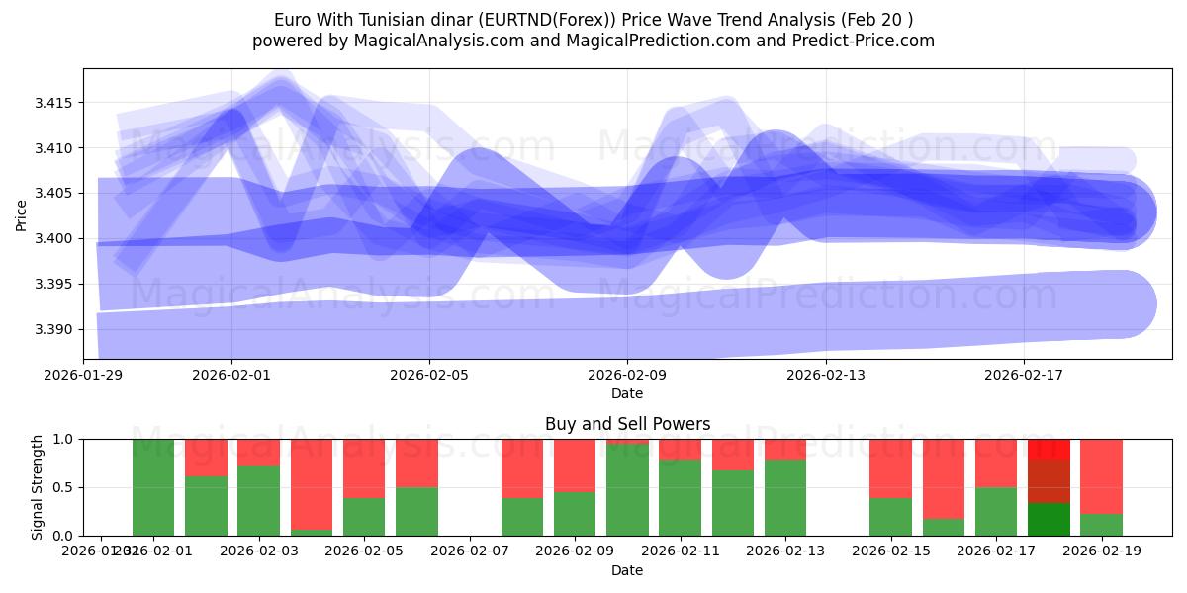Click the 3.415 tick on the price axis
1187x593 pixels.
click(x=56, y=104)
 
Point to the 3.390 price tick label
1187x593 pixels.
click(x=56, y=329)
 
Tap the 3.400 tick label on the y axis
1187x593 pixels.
click(x=56, y=239)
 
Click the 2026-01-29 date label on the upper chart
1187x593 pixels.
click(x=83, y=375)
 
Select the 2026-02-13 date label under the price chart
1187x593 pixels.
click(x=825, y=375)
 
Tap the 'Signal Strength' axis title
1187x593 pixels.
click(x=37, y=487)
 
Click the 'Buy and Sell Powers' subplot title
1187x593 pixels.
click(x=627, y=424)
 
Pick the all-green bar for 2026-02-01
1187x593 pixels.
click(x=153, y=487)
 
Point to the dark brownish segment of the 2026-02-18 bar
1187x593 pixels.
click(x=1049, y=481)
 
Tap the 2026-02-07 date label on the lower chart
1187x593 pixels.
click(x=470, y=551)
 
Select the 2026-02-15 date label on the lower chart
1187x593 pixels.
click(x=891, y=551)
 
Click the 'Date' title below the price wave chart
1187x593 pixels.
click(x=627, y=393)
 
